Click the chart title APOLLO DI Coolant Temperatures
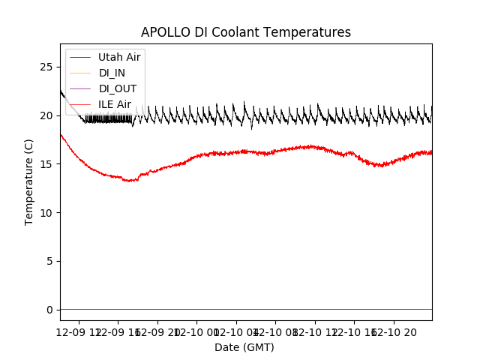point(246,32)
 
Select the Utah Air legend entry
point(119,57)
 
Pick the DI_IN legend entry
point(112,73)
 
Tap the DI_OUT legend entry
point(116,88)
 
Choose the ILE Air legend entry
point(115,104)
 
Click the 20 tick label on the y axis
point(47,115)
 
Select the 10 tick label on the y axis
point(47,213)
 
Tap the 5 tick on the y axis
point(50,261)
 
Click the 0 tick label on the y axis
point(50,310)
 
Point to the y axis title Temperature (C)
point(29,181)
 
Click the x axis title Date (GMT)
point(244,347)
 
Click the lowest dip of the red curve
point(130,181)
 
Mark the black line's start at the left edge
point(61,91)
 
